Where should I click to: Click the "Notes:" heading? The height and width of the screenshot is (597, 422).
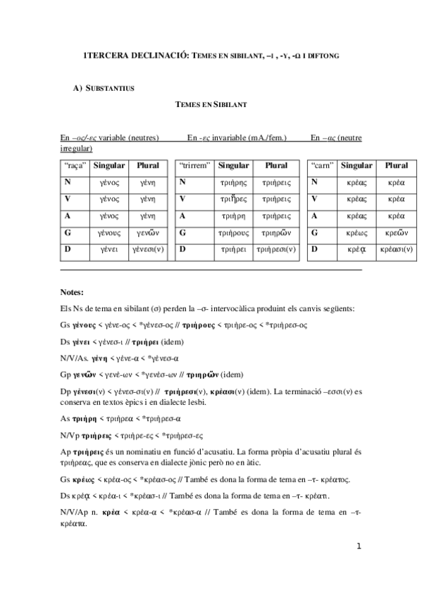[x=72, y=292]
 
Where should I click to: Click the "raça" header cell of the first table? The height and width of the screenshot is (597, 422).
[x=74, y=166]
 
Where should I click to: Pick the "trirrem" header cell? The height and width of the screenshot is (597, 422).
[x=194, y=166]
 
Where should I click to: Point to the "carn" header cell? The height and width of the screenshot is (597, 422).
[x=323, y=166]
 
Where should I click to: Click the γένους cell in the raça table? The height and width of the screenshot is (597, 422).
[x=108, y=232]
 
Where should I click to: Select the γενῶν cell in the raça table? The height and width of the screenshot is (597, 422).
[x=148, y=232]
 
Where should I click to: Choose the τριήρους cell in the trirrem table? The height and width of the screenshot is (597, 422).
[x=232, y=232]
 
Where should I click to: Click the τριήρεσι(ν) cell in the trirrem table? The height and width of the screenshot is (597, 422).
[x=276, y=249]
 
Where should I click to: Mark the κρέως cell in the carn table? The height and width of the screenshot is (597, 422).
[x=357, y=232]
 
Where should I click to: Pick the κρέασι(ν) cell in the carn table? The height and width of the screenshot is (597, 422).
[x=397, y=249]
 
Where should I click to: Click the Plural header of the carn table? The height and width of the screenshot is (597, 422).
[x=397, y=166]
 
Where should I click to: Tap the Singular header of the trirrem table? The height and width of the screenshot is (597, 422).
[x=232, y=166]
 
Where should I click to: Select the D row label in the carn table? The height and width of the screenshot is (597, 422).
[x=315, y=249]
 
